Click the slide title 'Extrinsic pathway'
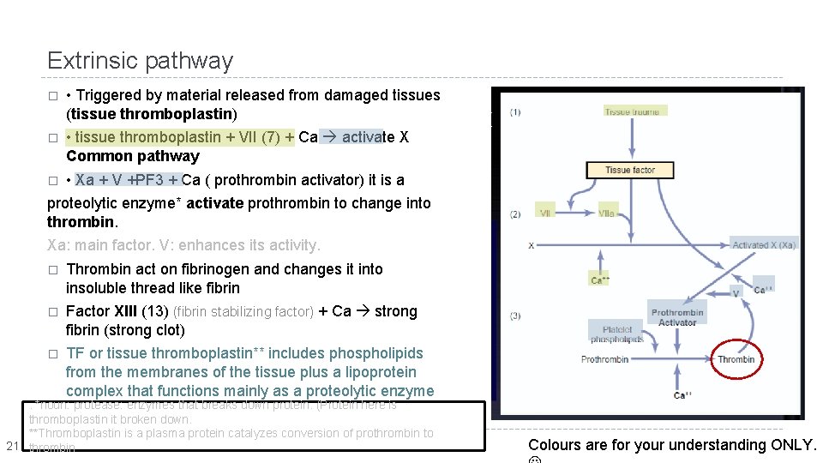[x=140, y=61]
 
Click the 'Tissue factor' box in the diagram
[x=630, y=170]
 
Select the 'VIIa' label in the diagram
[x=607, y=213]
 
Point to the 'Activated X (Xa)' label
[x=764, y=244]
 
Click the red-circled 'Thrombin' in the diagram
[x=736, y=358]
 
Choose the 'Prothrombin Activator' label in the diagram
[x=677, y=317]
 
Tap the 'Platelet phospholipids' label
[x=616, y=334]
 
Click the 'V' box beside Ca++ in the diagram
[x=735, y=293]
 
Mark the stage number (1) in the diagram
[x=514, y=112]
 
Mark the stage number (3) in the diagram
[x=514, y=316]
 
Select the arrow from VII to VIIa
[x=575, y=213]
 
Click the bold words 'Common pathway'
[x=132, y=156]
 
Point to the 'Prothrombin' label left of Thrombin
[x=604, y=359]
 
